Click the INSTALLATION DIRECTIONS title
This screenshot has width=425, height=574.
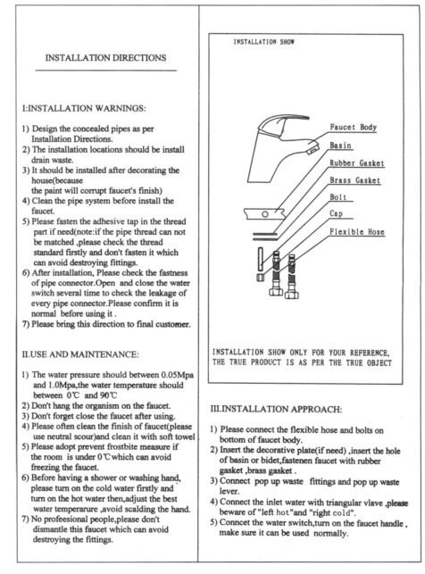(105, 58)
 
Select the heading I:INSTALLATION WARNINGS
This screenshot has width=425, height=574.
(84, 108)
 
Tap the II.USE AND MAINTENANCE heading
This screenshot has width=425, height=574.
(80, 354)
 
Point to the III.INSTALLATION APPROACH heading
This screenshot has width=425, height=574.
(276, 409)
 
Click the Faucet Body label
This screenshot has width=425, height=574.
(354, 128)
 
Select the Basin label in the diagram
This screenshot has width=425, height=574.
(340, 146)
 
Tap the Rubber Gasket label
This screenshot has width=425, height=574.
(357, 162)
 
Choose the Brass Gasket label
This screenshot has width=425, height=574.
(355, 180)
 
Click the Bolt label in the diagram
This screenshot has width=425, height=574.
(337, 197)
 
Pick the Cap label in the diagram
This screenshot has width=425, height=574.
(336, 213)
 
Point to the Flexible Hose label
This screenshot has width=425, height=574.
(357, 232)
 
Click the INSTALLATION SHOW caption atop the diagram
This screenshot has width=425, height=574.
(264, 42)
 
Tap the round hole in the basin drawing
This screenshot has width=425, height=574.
(265, 213)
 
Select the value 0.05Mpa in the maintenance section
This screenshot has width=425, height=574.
(177, 375)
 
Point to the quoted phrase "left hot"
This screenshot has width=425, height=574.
(273, 512)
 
